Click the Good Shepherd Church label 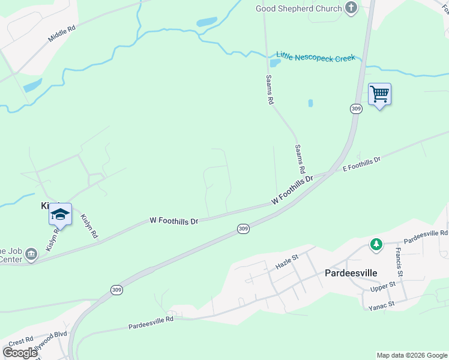click(x=298, y=8)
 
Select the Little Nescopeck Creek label click(x=315, y=57)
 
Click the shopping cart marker click(x=379, y=94)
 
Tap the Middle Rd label click(x=62, y=33)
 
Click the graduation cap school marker click(x=60, y=214)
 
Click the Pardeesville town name click(x=351, y=273)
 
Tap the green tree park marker click(x=376, y=244)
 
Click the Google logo click(x=20, y=352)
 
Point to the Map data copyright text click(x=411, y=355)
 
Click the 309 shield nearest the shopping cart click(x=356, y=109)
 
